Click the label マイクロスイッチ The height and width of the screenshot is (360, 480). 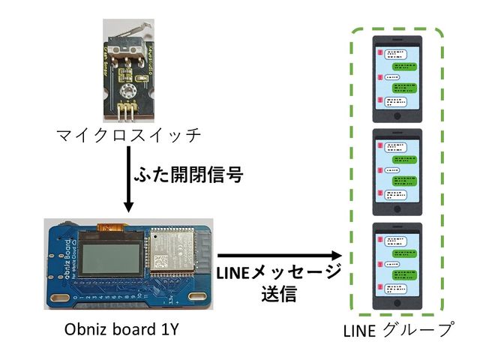[x=128, y=135]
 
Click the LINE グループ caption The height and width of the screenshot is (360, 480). [x=397, y=331]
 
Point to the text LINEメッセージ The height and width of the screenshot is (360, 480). [x=278, y=272]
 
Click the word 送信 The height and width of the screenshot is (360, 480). [x=278, y=294]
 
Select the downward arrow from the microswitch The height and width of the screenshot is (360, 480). [x=127, y=180]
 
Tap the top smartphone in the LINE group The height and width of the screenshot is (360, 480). [x=397, y=75]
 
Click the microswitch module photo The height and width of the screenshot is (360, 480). [x=128, y=71]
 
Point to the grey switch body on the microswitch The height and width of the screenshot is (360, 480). [x=124, y=48]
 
